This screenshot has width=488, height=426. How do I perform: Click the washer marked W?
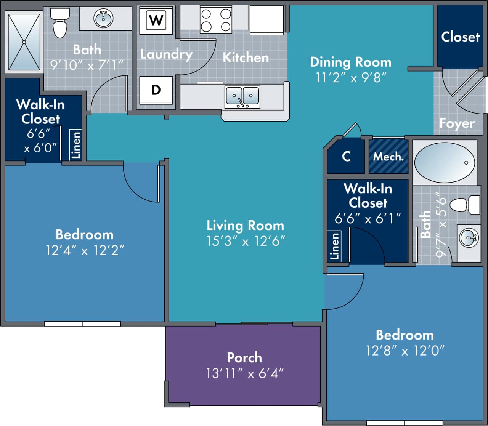tap(156, 20)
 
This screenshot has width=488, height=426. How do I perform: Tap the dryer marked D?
tap(156, 90)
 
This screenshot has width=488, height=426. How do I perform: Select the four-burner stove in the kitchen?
tap(216, 20)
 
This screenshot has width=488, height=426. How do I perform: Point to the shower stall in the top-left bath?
tap(24, 42)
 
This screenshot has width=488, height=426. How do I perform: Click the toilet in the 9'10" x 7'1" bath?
tap(60, 24)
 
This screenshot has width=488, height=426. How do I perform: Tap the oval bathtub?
tap(445, 162)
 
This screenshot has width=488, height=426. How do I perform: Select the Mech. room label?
tap(388, 157)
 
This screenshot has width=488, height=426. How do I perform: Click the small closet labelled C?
tap(346, 157)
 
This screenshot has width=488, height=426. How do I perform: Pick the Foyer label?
tap(457, 123)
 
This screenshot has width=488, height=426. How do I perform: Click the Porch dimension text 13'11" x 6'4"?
tap(244, 373)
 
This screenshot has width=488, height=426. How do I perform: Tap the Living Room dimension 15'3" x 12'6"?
tap(246, 241)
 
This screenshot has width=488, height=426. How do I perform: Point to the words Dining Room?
tap(350, 62)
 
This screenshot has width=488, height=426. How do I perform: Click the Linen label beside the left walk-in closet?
tap(76, 144)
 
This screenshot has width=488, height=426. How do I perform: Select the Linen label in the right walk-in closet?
tap(334, 246)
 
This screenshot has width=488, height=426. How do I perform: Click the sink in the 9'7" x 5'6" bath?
tap(469, 238)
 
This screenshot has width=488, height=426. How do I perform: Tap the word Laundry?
tap(166, 54)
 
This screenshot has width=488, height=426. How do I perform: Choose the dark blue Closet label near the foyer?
tap(460, 37)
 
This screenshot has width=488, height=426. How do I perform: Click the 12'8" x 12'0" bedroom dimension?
tap(405, 350)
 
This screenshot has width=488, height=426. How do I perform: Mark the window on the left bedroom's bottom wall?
tap(82, 324)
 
